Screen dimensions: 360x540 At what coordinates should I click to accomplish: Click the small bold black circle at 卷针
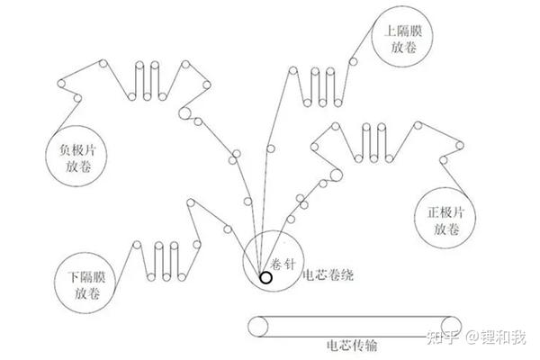point(266,277)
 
